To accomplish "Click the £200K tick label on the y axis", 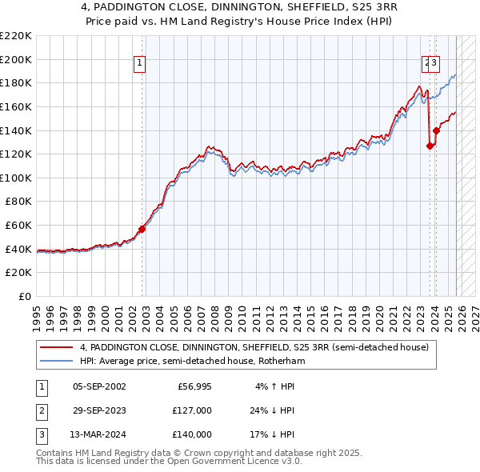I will click(16, 59).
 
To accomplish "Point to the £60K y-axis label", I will click(18, 226).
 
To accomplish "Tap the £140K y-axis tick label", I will click(16, 130).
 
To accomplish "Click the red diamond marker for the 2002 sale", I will click(142, 229).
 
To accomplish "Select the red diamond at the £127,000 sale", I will click(430, 146).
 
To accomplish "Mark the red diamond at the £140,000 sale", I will click(436, 130).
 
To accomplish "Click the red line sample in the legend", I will click(58, 347).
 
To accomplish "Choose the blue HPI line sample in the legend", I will click(58, 361).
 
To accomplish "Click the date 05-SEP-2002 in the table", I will click(98, 386).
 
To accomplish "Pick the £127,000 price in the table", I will click(192, 410).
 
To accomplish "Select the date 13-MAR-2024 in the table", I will click(98, 434).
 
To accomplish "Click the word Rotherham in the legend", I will click(280, 361).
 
